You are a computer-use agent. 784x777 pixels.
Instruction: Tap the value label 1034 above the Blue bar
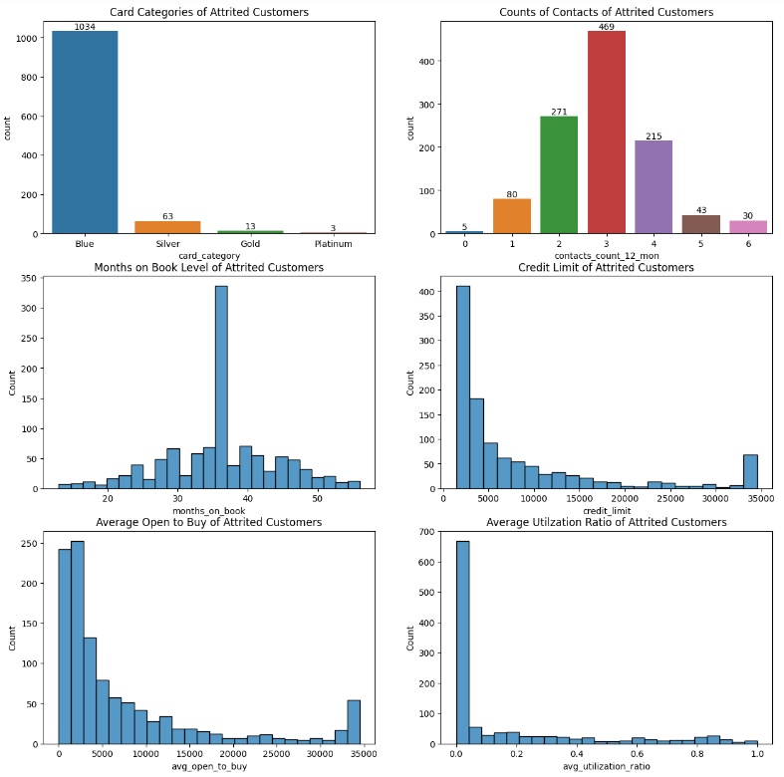pos(85,26)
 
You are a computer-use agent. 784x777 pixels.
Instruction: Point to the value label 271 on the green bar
pos(559,112)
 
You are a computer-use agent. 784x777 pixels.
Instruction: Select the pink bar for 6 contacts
pos(748,227)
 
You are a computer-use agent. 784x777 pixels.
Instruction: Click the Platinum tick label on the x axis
pos(333,244)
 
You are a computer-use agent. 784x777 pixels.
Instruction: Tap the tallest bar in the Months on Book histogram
pos(221,388)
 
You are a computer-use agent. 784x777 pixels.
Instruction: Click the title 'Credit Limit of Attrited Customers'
pos(606,267)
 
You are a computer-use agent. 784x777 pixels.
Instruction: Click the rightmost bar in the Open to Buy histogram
pos(354,721)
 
